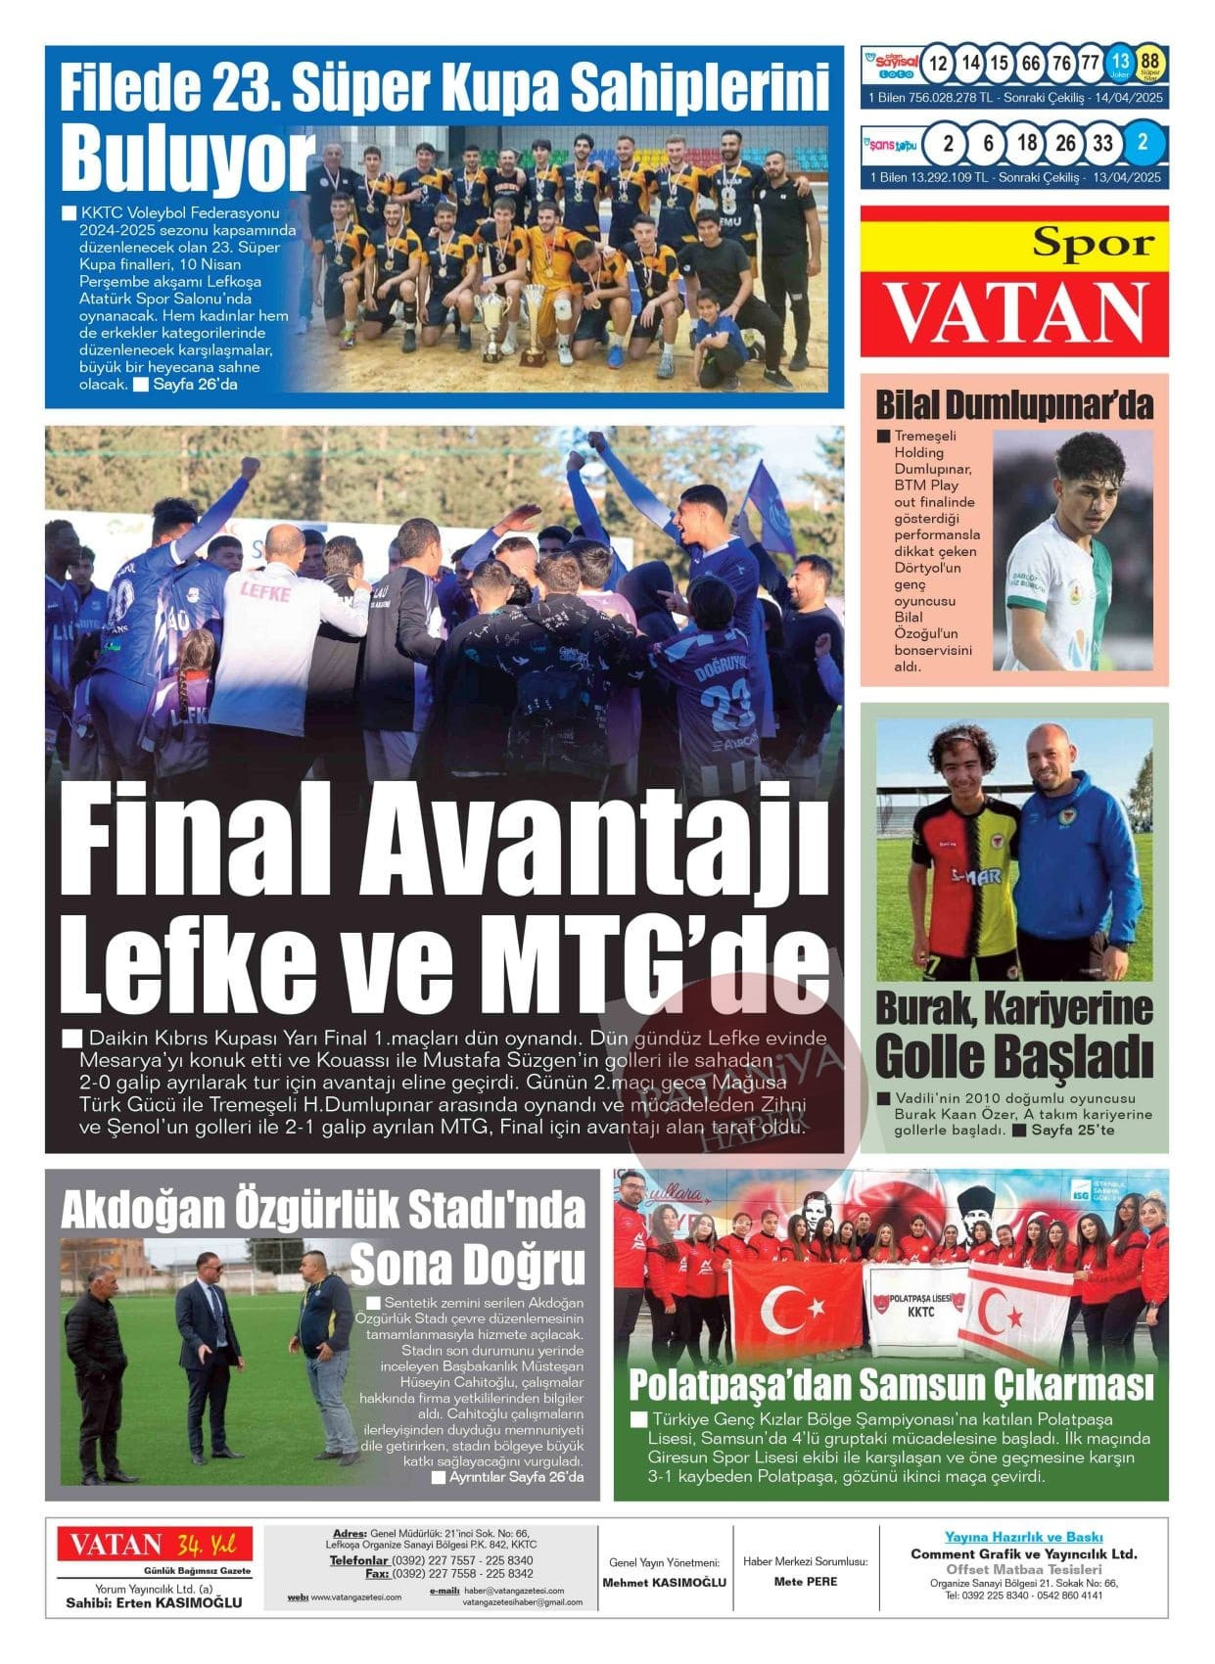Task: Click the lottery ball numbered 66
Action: pos(1030,65)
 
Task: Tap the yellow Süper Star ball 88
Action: pos(1149,65)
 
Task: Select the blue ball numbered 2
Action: pos(1142,143)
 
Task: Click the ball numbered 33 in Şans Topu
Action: pos(1102,143)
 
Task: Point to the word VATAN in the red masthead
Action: pos(1015,312)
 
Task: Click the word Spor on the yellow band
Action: pos(1093,243)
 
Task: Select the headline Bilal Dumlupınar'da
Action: pos(1013,404)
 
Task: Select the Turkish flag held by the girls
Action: pos(793,1308)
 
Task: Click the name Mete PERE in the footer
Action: pos(805,1581)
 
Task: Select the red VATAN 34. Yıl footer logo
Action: pos(154,1545)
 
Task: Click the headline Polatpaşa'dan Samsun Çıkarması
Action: pos(890,1386)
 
